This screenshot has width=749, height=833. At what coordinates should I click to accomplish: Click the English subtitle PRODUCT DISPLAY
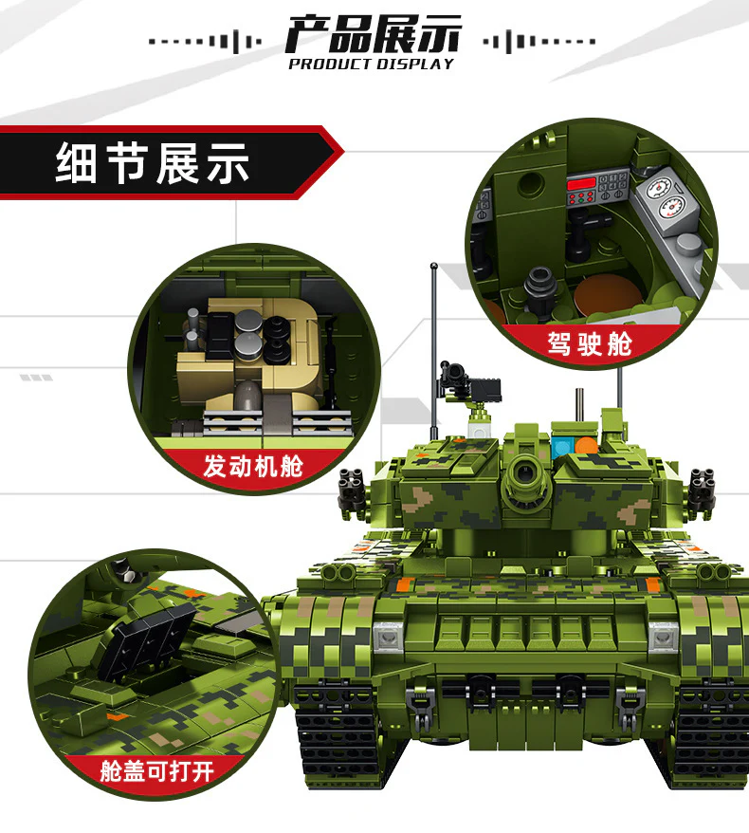tap(372, 65)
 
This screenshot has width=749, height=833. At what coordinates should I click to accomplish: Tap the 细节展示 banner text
tap(153, 163)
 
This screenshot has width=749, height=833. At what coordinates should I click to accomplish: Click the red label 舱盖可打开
tap(156, 769)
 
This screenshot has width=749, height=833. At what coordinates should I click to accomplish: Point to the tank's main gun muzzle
tap(523, 472)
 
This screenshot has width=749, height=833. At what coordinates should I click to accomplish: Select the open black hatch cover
tap(153, 639)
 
